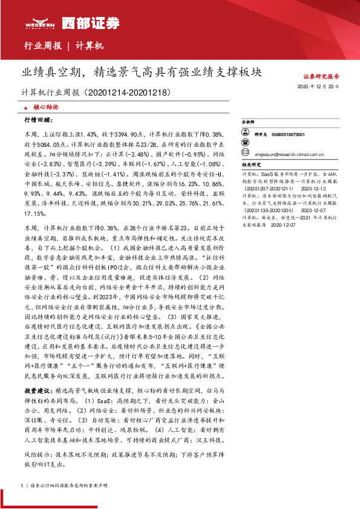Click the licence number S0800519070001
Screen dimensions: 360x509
[x=288, y=134]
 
